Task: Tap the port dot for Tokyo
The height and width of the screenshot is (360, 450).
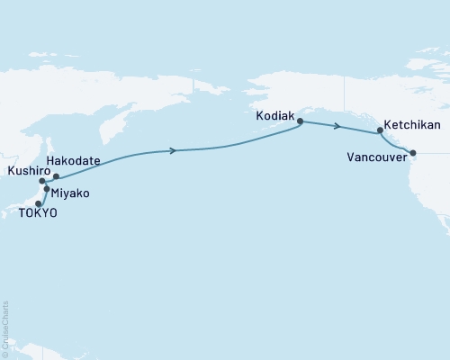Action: point(39,202)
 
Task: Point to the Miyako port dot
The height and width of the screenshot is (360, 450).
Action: point(46,190)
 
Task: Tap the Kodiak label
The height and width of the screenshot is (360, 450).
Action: point(276,114)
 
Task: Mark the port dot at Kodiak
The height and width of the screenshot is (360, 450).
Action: point(300,121)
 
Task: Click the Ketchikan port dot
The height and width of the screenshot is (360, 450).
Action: point(381,131)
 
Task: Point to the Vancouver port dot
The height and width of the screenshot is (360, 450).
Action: point(413,152)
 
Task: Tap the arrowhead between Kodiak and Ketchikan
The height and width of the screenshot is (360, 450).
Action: point(337,127)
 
